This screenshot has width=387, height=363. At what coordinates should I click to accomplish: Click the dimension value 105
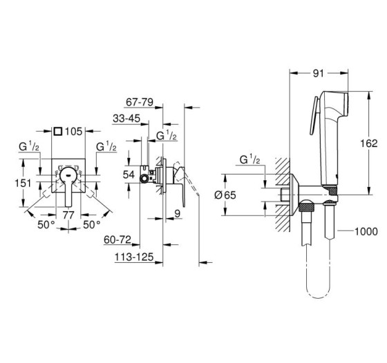[x=73, y=132]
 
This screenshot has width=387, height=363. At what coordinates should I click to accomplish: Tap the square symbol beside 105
[x=58, y=131]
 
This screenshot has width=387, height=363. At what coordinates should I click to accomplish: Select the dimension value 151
[x=23, y=184]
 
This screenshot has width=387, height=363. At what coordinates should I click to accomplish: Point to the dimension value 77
[x=68, y=215]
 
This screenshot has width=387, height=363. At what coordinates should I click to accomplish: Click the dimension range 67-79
[x=140, y=102]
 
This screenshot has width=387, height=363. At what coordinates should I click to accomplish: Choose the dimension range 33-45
[x=126, y=119]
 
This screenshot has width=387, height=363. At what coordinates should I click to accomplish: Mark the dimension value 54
[x=129, y=175]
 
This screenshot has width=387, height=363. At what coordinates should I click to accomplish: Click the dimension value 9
[x=178, y=214]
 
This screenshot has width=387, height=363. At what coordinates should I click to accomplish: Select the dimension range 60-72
[x=117, y=239]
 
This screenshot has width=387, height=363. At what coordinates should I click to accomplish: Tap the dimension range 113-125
[x=134, y=257]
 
